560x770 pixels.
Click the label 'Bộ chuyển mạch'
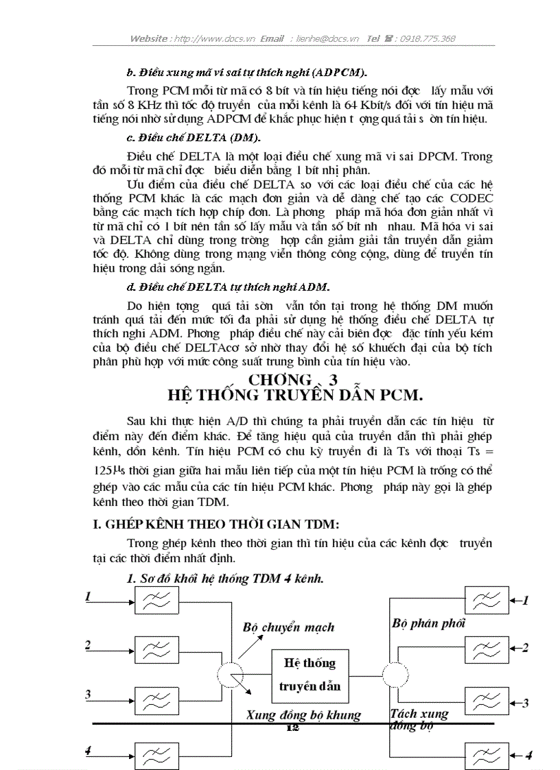[288, 627]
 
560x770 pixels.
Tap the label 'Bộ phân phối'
[428, 623]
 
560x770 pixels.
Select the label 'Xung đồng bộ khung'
[303, 715]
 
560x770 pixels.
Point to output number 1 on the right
[525, 601]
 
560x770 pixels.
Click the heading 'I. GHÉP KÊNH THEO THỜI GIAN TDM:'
[216, 525]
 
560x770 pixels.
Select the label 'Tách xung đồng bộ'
[419, 720]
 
